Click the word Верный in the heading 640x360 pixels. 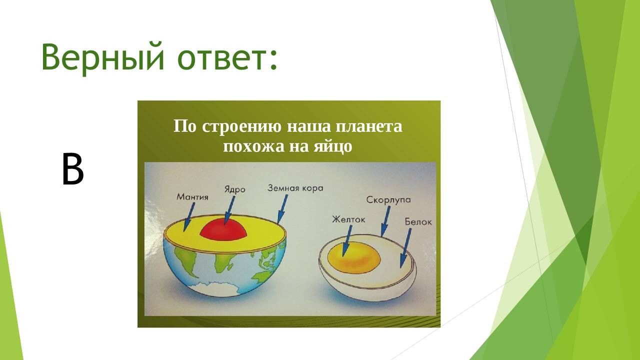[103, 56]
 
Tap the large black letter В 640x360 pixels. [73, 169]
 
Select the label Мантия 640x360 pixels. [192, 197]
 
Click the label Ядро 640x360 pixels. [234, 190]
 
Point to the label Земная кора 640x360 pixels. [295, 188]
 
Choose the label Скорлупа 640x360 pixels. [388, 199]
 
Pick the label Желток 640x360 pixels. [348, 219]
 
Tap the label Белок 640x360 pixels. [418, 222]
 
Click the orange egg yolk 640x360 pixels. [354, 258]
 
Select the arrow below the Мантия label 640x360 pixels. [189, 217]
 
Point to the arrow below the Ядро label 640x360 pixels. [229, 210]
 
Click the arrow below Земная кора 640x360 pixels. [282, 208]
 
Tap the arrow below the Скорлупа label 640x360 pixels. [385, 221]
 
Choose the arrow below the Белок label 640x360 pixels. [405, 248]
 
